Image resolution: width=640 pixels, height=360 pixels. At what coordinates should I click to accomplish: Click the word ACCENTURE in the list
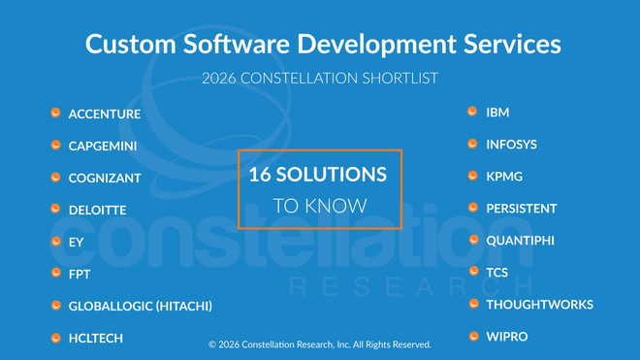[104, 115]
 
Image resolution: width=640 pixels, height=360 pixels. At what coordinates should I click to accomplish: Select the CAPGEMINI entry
[103, 147]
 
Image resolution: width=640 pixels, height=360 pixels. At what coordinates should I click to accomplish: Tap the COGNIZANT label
[105, 179]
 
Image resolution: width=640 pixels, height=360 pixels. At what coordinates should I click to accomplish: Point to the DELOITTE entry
[97, 211]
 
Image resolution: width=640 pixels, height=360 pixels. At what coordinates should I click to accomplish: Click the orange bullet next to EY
[56, 242]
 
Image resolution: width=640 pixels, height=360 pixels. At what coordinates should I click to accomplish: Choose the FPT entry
[80, 275]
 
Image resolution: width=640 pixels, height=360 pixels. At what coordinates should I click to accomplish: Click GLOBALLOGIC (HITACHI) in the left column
[140, 307]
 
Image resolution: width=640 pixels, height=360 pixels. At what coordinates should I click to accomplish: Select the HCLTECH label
[95, 339]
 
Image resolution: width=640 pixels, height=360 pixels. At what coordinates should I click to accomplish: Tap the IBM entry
[497, 113]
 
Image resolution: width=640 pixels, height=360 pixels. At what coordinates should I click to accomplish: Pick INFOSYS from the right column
[511, 145]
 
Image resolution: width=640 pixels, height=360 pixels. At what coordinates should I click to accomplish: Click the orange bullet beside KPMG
[473, 176]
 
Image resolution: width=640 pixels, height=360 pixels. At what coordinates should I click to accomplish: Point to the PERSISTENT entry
[521, 209]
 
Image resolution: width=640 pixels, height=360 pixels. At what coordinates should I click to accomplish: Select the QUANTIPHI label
[520, 240]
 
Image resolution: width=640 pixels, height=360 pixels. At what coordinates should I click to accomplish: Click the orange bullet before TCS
[473, 272]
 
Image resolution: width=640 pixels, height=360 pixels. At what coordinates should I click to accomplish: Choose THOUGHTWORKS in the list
[539, 305]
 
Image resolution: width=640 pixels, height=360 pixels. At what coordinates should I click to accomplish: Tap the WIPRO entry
[505, 337]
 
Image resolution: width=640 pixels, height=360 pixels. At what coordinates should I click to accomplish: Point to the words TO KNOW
[319, 206]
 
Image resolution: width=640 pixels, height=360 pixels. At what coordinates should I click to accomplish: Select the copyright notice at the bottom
[319, 344]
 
